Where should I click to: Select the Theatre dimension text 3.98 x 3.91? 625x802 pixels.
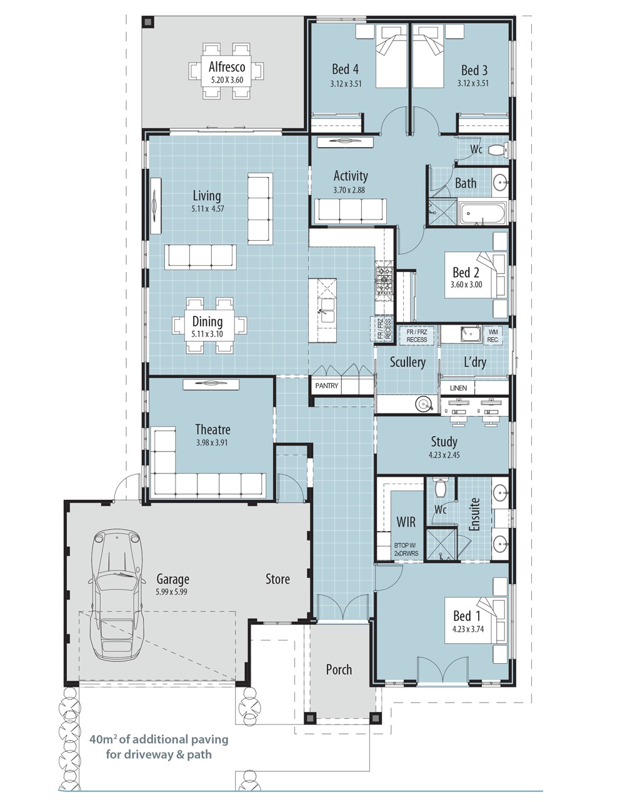click(x=212, y=442)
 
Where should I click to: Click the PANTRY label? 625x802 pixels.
click(x=326, y=386)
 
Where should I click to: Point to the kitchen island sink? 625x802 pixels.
click(x=327, y=311)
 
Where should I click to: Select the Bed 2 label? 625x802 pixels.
click(x=466, y=273)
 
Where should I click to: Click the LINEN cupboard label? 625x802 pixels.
click(x=458, y=388)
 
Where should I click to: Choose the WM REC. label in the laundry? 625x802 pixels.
click(x=493, y=335)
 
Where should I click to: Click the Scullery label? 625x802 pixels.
click(x=407, y=362)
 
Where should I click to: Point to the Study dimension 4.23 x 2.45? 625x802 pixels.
click(x=444, y=455)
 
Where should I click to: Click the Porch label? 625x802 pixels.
click(x=339, y=669)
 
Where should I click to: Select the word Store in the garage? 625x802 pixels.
click(x=277, y=579)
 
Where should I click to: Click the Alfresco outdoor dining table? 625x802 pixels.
click(x=226, y=71)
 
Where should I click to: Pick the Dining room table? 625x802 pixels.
click(x=209, y=325)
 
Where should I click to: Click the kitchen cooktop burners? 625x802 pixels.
click(x=383, y=280)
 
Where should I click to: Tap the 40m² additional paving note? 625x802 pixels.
click(x=159, y=746)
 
